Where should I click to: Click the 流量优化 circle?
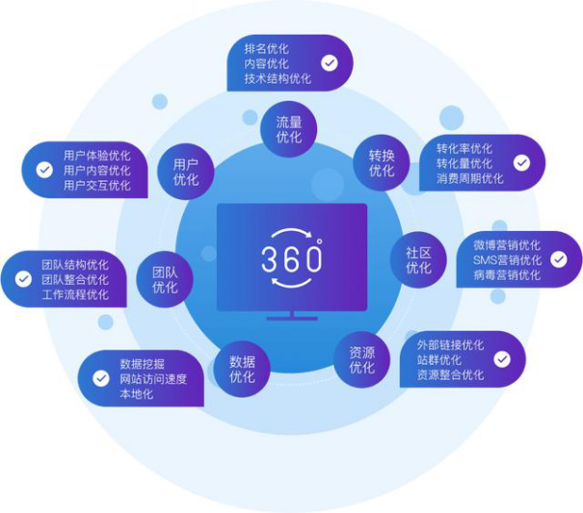coord(288,129)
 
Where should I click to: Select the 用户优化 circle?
coord(186,171)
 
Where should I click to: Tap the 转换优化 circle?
coord(381,163)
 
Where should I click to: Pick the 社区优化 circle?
coord(418,259)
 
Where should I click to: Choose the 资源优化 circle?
coord(361,360)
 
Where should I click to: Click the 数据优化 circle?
coord(242,369)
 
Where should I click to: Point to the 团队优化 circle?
coord(165,279)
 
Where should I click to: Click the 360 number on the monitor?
coord(291,259)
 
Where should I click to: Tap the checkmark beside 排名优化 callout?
coord(330,64)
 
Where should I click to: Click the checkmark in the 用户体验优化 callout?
coord(44,169)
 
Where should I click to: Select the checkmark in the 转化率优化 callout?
coord(521,163)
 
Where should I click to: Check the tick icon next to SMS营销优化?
coord(559,259)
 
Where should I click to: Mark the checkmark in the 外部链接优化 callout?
coord(502,359)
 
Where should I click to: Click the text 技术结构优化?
coord(278,78)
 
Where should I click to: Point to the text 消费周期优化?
coord(469,178)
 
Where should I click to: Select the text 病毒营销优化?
coord(507,275)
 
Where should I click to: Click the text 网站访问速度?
coord(153,379)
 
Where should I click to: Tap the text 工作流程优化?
coord(75,295)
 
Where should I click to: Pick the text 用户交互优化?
coord(96,185)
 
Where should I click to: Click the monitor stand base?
coord(292,319)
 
